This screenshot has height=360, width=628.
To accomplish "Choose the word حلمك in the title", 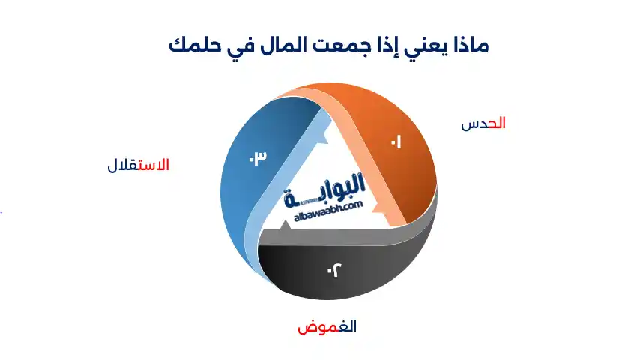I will click(190, 45).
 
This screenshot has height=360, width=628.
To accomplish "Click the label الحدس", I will click(483, 124).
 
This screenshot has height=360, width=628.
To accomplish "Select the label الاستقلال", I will click(139, 165).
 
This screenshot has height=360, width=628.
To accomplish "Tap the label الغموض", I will click(327, 327).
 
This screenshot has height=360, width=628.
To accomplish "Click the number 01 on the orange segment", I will click(395, 142).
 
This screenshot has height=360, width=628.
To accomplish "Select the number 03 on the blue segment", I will click(258, 158).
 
